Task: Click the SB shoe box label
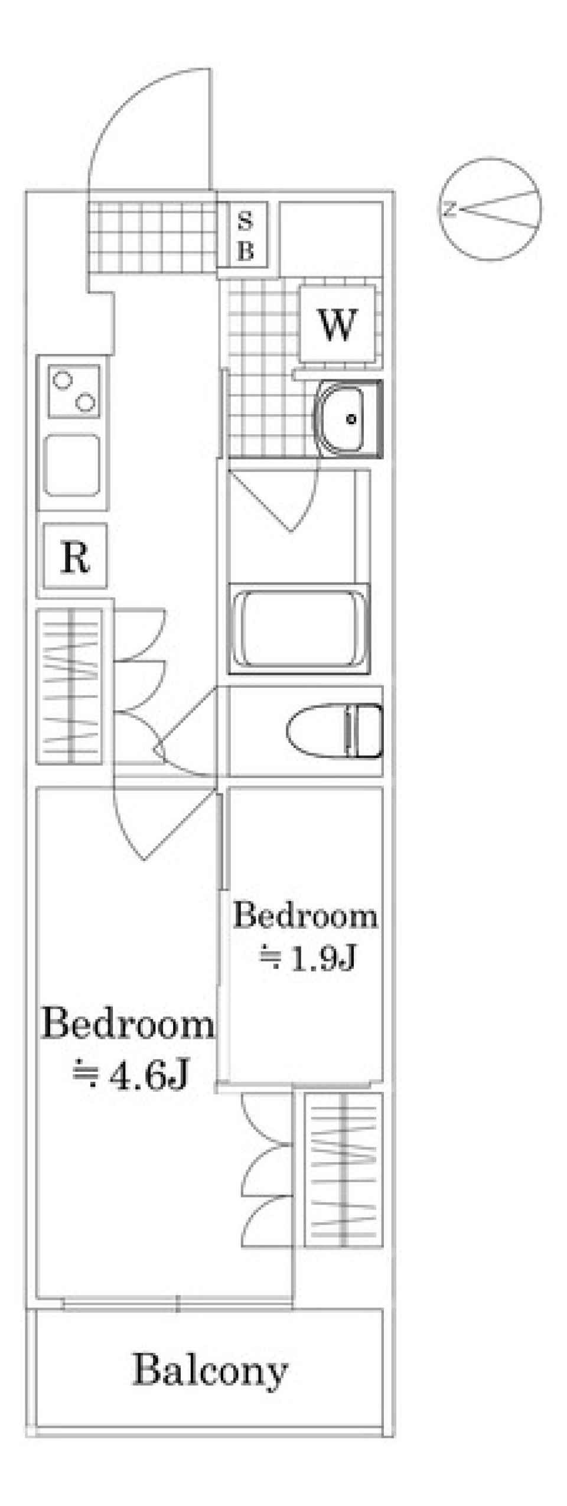[245, 236]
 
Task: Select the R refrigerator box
[75, 555]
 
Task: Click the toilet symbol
[334, 730]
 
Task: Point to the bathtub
[299, 628]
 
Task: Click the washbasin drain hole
[352, 419]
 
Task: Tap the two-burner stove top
[74, 392]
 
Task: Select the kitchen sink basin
[73, 465]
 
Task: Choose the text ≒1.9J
[307, 957]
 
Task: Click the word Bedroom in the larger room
[128, 1024]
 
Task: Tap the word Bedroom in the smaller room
[305, 915]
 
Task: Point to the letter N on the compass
[449, 209]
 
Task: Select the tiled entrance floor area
[152, 237]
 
